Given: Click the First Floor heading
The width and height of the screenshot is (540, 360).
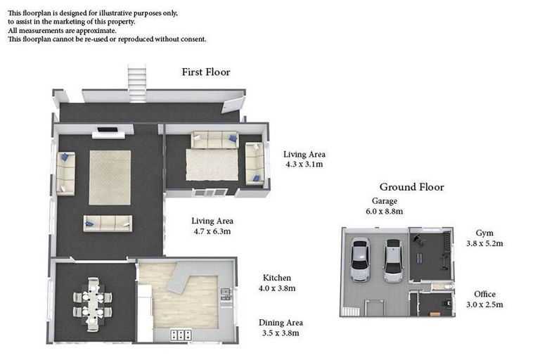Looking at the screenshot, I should pyautogui.click(x=206, y=72).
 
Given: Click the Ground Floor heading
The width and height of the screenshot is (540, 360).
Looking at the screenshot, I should pyautogui.click(x=411, y=187).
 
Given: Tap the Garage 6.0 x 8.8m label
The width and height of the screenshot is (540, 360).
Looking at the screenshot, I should pyautogui.click(x=384, y=206).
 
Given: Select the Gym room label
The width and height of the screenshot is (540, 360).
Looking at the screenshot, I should pyautogui.click(x=484, y=232).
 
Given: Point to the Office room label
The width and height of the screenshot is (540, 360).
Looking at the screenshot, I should pyautogui.click(x=484, y=294).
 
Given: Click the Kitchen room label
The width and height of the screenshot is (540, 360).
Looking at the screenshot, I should pyautogui.click(x=277, y=278).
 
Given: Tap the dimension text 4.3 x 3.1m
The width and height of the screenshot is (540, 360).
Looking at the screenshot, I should pyautogui.click(x=304, y=165).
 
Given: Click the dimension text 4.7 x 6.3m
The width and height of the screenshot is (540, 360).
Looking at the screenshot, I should pyautogui.click(x=212, y=231).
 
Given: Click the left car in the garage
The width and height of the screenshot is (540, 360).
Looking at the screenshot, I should pyautogui.click(x=360, y=259).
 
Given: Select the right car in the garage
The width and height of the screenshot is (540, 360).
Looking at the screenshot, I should pyautogui.click(x=393, y=260).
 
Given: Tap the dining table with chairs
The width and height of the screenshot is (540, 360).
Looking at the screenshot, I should pyautogui.click(x=93, y=304).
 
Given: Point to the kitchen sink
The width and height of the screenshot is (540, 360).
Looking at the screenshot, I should pyautogui.click(x=225, y=295).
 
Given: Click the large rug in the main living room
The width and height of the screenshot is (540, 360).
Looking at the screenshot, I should pyautogui.click(x=110, y=177).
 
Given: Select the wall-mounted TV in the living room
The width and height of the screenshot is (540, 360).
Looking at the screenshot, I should pyautogui.click(x=108, y=129).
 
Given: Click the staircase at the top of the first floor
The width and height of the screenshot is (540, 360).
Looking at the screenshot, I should pyautogui.click(x=136, y=83).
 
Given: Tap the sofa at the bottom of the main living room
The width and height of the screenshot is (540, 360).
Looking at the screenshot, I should pyautogui.click(x=108, y=223).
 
